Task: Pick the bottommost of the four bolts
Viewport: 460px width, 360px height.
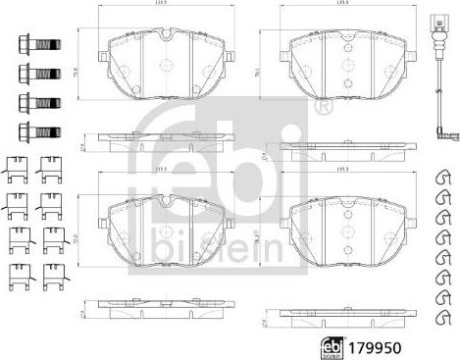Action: click(x=32, y=130)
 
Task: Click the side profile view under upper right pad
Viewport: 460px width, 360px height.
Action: click(x=343, y=148)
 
